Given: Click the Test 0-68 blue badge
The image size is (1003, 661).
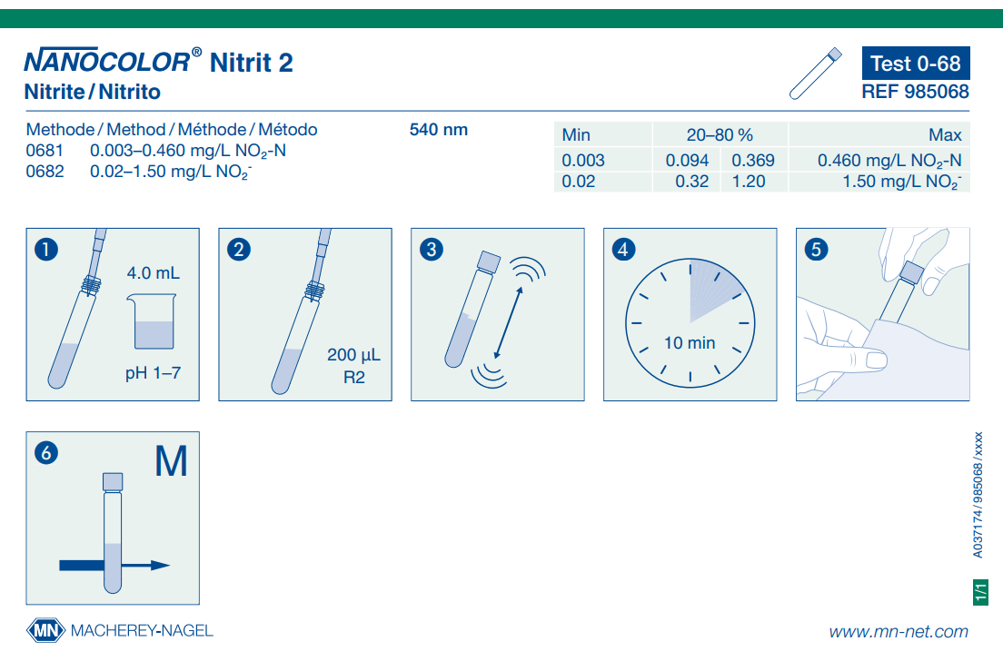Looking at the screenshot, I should pos(915,64).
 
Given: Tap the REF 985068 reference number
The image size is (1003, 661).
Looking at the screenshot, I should pos(915,92).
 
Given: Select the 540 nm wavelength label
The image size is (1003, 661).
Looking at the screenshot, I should pos(439,130).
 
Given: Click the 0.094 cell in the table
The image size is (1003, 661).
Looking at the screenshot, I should pos(687,161).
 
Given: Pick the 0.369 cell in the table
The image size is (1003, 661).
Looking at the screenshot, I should pos(753,161).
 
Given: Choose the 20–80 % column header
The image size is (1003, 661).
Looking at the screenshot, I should pos(720,135).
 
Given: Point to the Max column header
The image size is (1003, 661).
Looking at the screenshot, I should pos(945,135).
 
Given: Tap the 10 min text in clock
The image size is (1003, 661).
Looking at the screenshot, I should pos(690,343).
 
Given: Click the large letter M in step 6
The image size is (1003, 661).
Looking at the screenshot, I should pos(171,462).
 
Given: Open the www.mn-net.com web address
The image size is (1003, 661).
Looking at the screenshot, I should pos(898,632).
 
